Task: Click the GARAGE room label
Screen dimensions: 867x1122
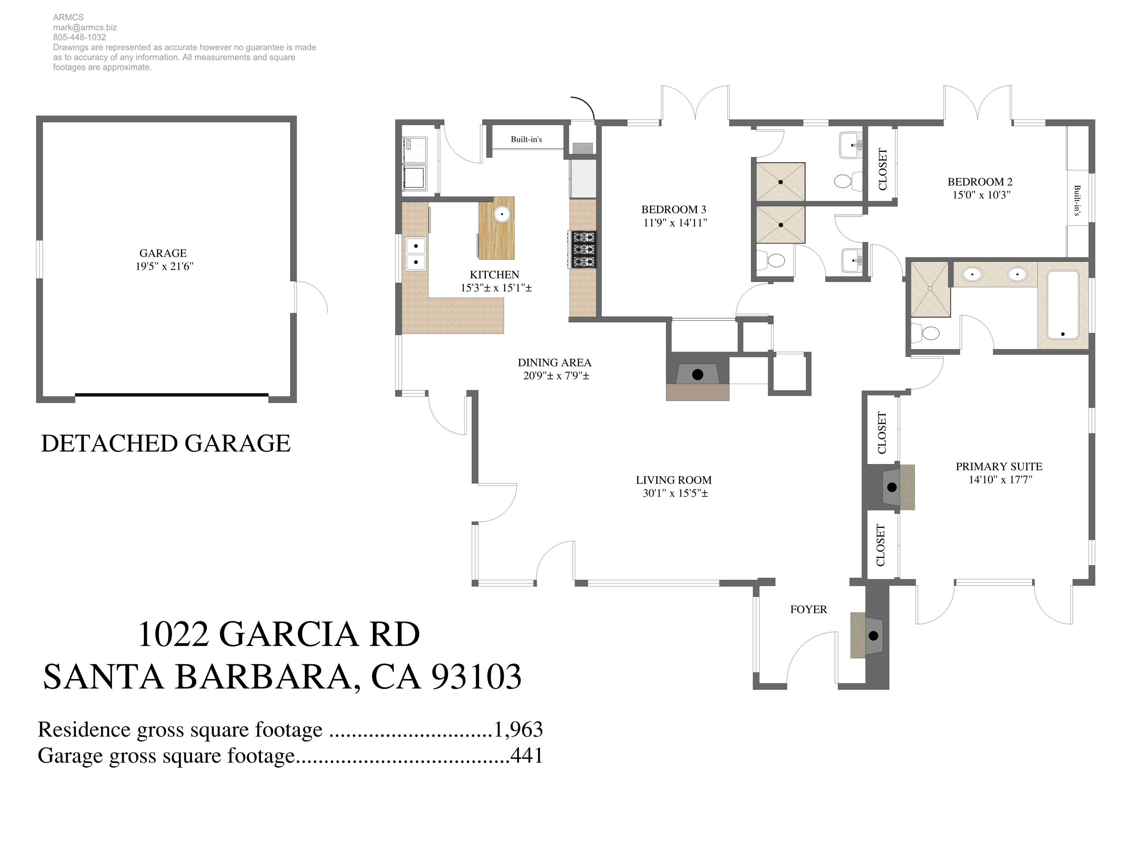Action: coord(163,253)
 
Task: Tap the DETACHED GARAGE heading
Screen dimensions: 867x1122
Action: coord(165,443)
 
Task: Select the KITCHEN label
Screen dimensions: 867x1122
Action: coord(494,275)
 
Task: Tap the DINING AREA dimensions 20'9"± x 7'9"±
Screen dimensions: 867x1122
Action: coord(556,376)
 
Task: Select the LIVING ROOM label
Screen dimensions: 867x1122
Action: coord(674,480)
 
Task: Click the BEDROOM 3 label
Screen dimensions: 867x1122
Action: coord(674,209)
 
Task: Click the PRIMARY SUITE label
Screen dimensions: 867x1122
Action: coord(999,466)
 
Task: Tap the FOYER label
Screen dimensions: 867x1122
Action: coord(808,610)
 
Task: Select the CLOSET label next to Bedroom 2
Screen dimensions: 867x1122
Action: coord(883,169)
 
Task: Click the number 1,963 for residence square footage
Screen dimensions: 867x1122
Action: coord(518,729)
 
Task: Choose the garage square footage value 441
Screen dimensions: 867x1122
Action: coord(527,756)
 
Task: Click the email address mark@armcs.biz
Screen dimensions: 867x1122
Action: coord(85,27)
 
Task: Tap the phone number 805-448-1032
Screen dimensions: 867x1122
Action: coord(80,37)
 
